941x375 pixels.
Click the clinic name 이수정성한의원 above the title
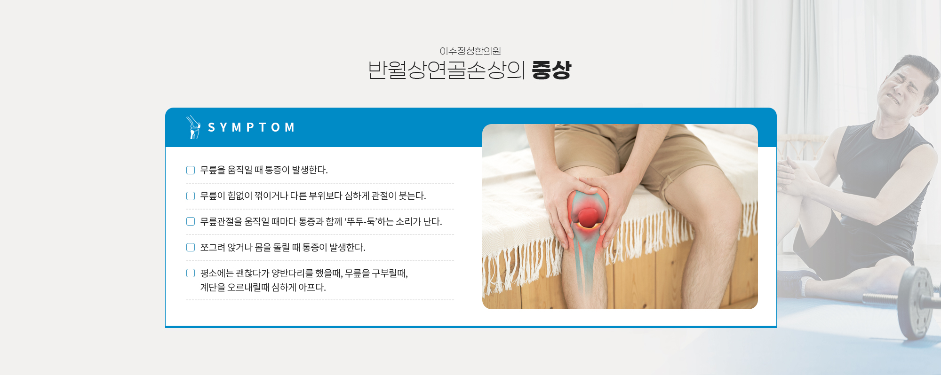[470, 51]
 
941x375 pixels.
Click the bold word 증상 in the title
[551, 70]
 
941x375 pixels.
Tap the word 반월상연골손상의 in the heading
[446, 70]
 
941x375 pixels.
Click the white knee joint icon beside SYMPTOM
[193, 127]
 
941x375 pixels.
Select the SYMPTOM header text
[251, 127]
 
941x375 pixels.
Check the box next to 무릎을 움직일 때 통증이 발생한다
[191, 170]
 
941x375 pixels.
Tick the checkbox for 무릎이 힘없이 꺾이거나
[191, 196]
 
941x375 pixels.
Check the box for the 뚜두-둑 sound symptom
[191, 221]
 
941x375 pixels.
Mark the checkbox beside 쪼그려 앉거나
[191, 247]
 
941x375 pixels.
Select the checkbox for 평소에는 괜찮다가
[191, 273]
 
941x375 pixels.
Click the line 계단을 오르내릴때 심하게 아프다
[263, 287]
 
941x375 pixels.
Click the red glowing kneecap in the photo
[588, 218]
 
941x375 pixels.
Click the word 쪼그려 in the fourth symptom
[213, 247]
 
